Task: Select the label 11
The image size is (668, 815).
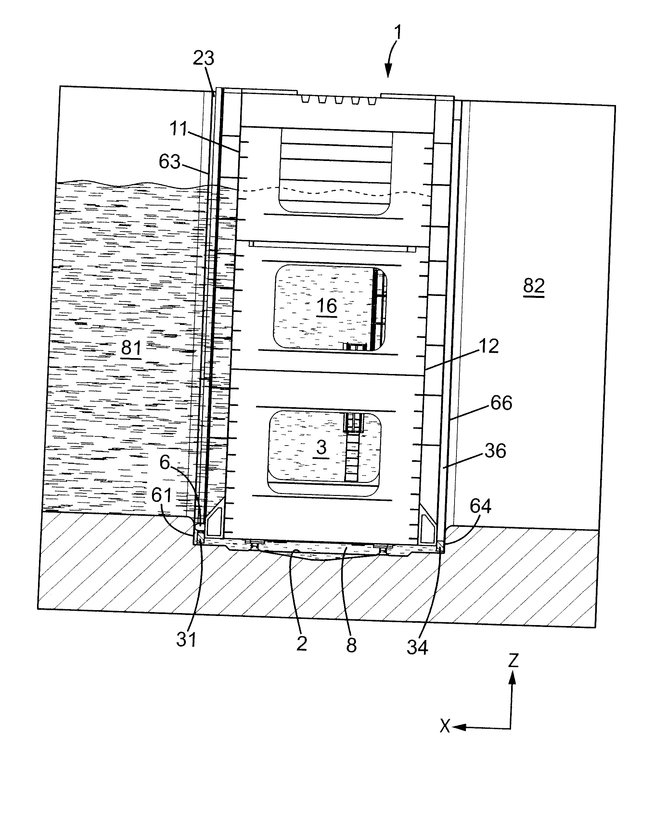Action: [178, 129]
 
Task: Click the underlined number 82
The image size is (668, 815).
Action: [534, 286]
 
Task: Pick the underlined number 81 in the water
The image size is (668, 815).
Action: [131, 348]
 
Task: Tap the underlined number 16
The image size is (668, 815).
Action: [327, 306]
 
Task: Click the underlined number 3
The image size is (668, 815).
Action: [321, 448]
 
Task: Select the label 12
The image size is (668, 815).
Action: [489, 346]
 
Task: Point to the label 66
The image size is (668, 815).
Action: [501, 403]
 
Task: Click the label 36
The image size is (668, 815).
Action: [495, 451]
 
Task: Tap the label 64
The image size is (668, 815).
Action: [481, 506]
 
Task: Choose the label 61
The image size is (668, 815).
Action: [161, 495]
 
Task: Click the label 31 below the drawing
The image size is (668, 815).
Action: [186, 640]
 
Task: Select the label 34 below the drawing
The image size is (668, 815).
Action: [417, 648]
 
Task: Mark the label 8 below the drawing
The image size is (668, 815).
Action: [351, 645]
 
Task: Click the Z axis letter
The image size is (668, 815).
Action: [513, 661]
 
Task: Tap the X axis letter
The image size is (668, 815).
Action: [445, 727]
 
